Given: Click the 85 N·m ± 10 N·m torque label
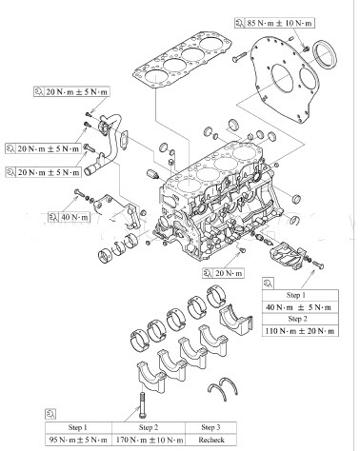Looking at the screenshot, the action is click(279, 23).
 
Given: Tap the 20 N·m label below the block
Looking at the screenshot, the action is click(229, 273).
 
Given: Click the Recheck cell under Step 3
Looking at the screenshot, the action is click(211, 441).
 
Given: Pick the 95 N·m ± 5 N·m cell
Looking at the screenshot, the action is click(78, 441).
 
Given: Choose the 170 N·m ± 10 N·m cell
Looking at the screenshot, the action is click(149, 441).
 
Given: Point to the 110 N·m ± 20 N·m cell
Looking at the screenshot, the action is click(300, 331).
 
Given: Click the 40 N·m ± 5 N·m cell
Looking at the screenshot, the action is click(300, 307).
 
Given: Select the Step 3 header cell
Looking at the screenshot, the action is click(211, 427).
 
